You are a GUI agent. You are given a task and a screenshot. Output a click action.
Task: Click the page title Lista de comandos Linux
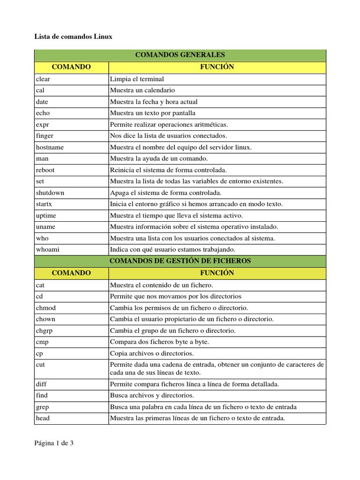point(74,37)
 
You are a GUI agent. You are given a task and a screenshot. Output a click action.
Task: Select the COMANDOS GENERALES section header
point(180,55)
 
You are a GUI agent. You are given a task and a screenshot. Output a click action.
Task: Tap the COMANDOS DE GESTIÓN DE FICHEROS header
point(180,261)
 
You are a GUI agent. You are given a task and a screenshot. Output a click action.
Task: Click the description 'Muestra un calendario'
point(142,90)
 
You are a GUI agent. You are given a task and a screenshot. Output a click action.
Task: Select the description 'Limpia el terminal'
point(137,79)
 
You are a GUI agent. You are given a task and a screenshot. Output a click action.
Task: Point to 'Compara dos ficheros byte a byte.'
point(159,342)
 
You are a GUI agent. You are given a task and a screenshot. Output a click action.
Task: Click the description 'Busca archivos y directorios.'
point(152,396)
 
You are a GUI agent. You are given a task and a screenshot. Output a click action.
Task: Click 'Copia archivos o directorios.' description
point(151,353)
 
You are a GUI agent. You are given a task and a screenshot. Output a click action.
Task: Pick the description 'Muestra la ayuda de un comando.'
point(158,159)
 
